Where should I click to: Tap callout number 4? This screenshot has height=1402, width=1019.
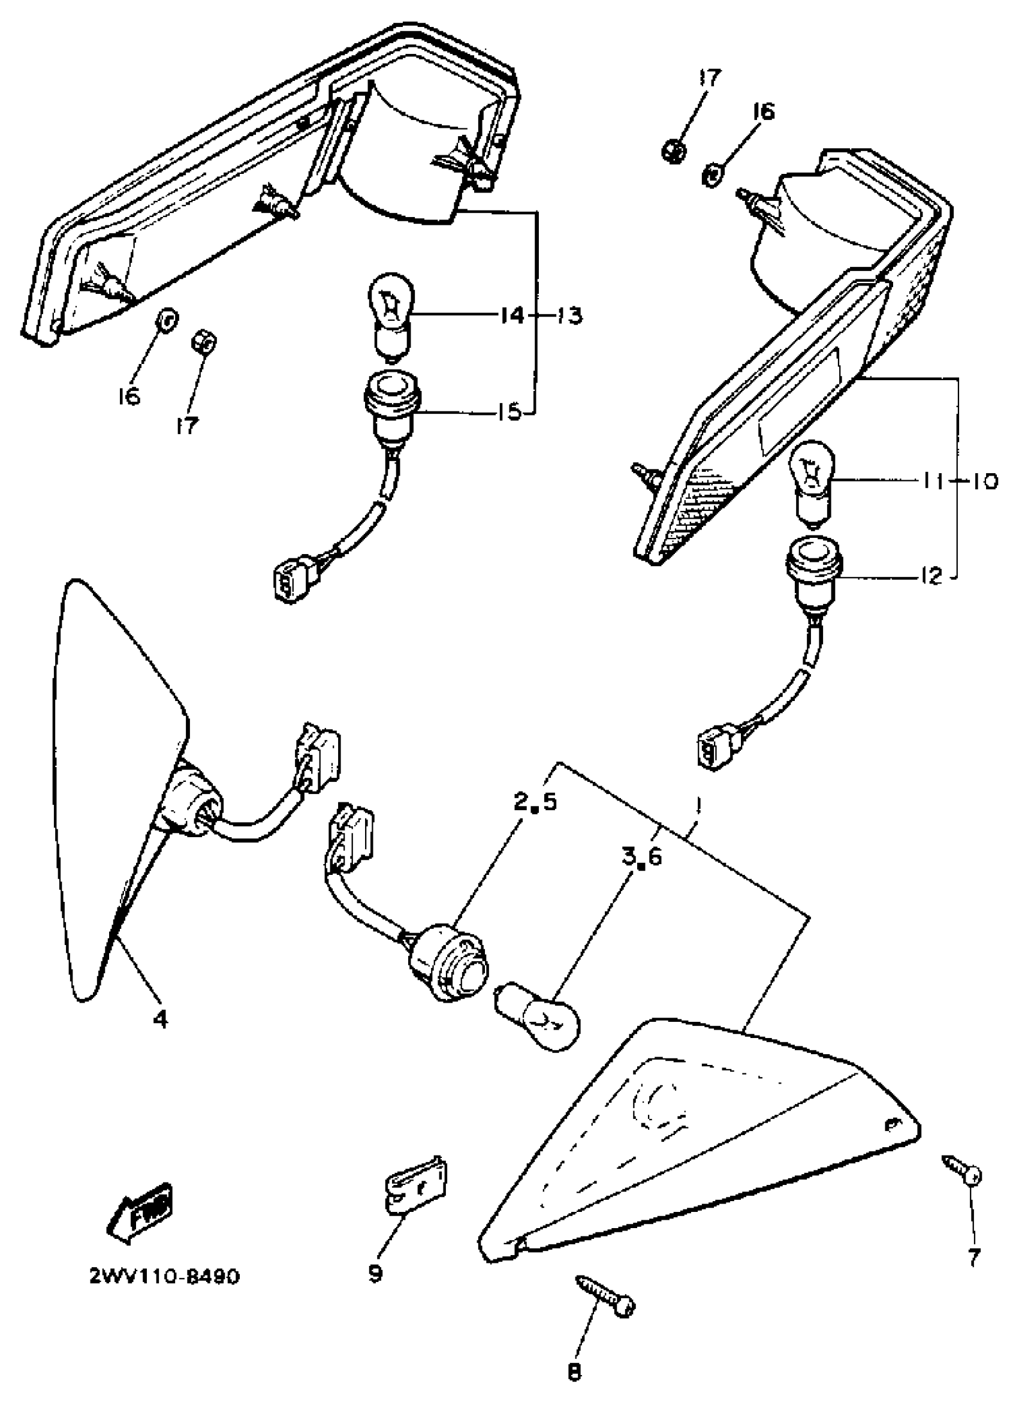pyautogui.click(x=160, y=1019)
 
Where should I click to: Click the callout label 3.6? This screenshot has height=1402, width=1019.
pyautogui.click(x=641, y=857)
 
